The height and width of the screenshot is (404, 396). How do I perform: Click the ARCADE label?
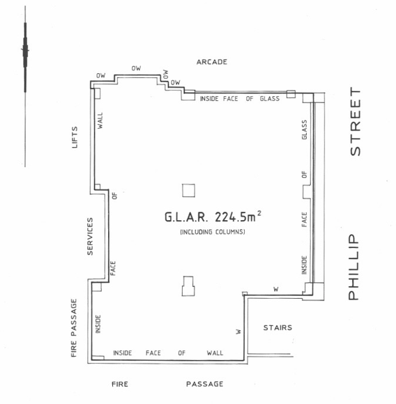pos(212,62)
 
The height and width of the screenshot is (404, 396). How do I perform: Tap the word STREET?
pos(356,121)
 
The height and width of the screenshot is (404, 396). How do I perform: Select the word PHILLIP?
pos(353,267)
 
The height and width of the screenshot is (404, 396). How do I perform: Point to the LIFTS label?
pos(75,137)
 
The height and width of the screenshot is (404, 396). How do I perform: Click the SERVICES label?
pos(90,237)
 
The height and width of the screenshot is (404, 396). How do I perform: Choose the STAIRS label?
pos(277,328)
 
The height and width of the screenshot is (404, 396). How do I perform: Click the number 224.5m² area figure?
pos(238,217)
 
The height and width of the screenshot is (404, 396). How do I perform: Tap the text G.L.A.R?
pos(186,217)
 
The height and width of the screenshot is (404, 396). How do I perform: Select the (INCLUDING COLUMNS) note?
pos(213,232)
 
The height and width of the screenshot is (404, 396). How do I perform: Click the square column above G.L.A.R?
pos(188,190)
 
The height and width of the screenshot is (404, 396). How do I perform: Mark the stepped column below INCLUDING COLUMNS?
pos(188,286)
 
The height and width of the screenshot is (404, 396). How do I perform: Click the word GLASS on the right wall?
pos(305,130)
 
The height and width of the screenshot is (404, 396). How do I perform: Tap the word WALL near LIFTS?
pos(100,121)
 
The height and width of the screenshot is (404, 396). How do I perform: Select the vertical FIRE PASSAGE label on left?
pos(74,328)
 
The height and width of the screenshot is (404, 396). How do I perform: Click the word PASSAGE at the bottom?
pos(205,384)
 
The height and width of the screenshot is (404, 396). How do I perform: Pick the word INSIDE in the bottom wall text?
pos(123,352)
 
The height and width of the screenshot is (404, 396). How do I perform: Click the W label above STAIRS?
pos(276,289)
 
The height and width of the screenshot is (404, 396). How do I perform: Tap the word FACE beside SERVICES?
pos(113,268)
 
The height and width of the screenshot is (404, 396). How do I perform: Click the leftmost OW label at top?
pos(101,75)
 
